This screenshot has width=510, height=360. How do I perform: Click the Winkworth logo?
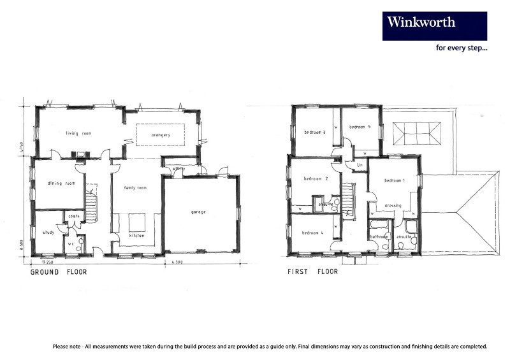[x=434, y=25]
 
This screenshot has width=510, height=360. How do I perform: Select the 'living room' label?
[x=78, y=133]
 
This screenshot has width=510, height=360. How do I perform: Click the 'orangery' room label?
[x=161, y=135]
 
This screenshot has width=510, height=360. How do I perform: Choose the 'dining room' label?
[x=61, y=184]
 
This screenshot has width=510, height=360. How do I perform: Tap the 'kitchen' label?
[x=135, y=235]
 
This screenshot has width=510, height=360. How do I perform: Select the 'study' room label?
[x=48, y=233]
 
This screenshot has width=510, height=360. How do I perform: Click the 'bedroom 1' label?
[x=394, y=180]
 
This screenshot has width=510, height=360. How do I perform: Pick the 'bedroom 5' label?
[x=360, y=127]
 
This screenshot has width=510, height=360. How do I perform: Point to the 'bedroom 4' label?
[x=313, y=233]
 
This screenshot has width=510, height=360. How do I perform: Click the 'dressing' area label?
[x=392, y=206]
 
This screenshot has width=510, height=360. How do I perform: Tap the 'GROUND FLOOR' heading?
[x=59, y=271]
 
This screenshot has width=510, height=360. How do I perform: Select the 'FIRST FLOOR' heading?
[x=312, y=271]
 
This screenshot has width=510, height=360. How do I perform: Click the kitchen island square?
[x=138, y=222]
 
